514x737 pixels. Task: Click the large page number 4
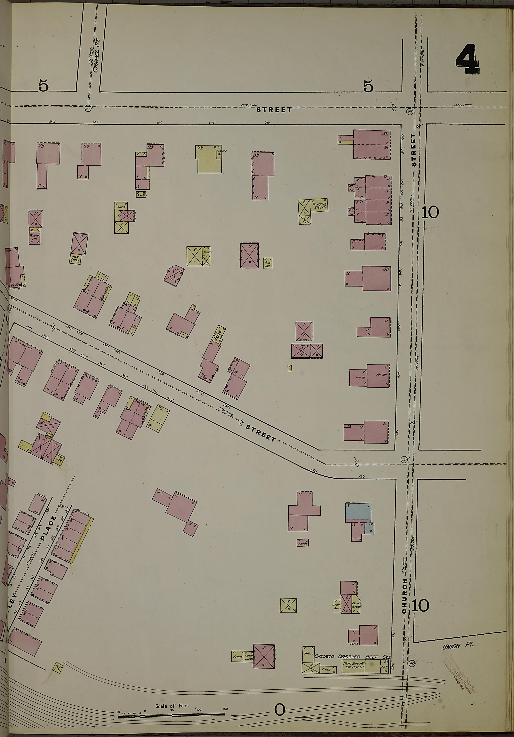467,60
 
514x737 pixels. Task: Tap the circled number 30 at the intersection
404,459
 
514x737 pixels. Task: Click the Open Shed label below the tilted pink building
75,259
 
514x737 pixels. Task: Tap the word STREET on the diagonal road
261,433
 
